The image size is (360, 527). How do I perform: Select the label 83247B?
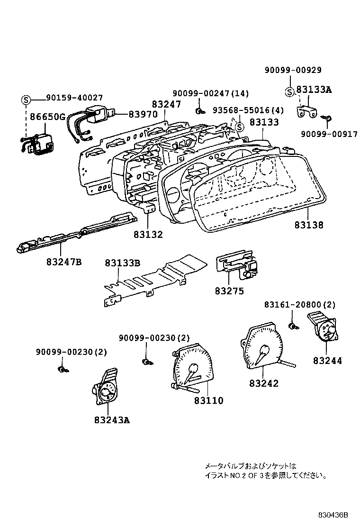(64, 262)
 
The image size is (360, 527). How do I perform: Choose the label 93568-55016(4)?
(248, 110)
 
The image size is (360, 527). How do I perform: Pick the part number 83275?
(229, 291)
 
